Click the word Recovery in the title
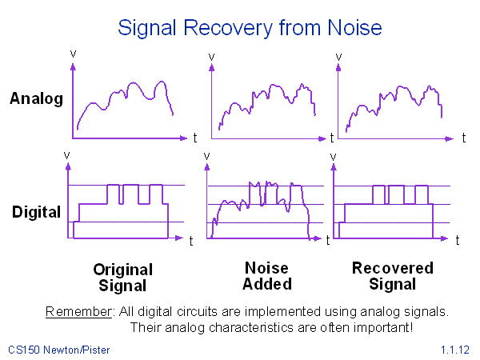228,29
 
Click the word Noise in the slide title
354,28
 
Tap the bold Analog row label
37,99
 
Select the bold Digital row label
37,213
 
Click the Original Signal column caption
122,278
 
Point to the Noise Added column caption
267,276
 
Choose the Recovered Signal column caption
393,276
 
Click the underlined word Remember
78,312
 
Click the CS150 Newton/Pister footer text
58,350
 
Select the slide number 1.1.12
455,350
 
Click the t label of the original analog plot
195,138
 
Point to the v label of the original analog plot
73,54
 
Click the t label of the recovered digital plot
458,240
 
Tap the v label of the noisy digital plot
206,156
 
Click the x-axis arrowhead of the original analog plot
183,138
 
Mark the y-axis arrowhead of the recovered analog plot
338,67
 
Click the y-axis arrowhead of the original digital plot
68,166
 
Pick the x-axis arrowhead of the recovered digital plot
444,238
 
